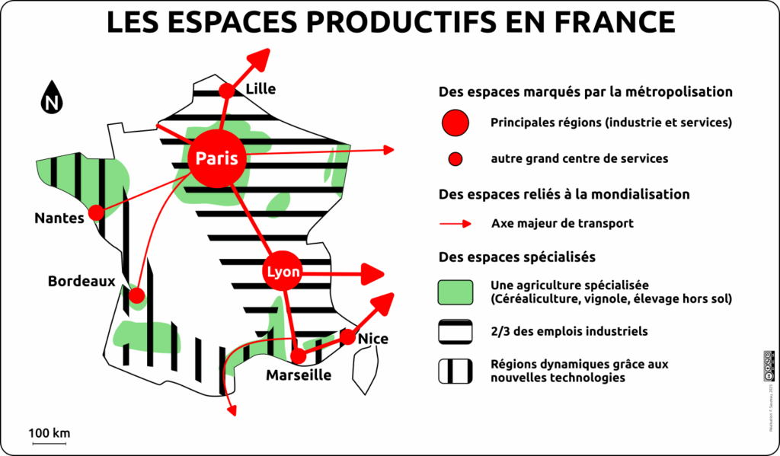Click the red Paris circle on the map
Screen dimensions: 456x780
217,158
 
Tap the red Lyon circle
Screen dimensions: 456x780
283,272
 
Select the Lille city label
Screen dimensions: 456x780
261,89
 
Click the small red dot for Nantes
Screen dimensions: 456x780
96,213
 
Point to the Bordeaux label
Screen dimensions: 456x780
82,281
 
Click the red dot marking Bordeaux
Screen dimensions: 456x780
137,295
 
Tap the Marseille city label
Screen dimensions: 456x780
299,375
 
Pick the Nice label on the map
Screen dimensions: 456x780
372,338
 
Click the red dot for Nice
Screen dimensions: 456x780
347,336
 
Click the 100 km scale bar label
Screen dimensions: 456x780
50,433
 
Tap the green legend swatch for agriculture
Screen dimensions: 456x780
456,292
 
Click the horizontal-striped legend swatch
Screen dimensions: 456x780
456,331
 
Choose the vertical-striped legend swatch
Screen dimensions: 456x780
456,371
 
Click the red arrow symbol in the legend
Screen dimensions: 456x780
456,224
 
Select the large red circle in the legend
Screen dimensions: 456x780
456,123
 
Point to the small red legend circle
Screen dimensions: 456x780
456,159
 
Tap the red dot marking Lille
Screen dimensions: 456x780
226,91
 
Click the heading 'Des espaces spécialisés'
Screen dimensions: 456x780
517,257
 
